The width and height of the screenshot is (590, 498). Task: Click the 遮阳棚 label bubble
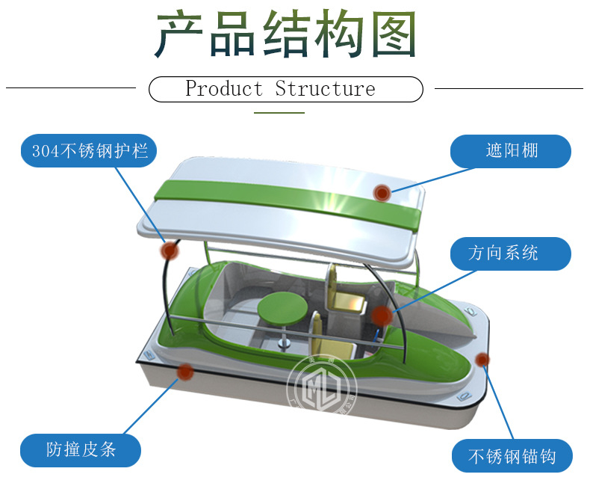tap(511, 152)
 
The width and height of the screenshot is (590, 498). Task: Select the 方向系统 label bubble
tap(511, 253)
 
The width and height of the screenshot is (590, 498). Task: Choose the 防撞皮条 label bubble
tap(80, 449)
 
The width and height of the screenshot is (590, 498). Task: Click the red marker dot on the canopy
tap(382, 193)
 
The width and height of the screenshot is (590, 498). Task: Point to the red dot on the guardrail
tap(170, 250)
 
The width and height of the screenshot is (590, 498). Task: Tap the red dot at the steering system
tap(382, 315)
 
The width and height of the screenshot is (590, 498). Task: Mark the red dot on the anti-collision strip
tap(184, 370)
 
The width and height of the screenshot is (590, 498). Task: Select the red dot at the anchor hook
tap(482, 360)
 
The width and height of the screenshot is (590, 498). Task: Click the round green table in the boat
tap(278, 307)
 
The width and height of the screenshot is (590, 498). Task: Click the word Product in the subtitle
tap(224, 89)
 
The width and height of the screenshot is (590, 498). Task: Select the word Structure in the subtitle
tap(325, 89)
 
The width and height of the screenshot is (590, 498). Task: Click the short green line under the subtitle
tap(279, 113)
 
